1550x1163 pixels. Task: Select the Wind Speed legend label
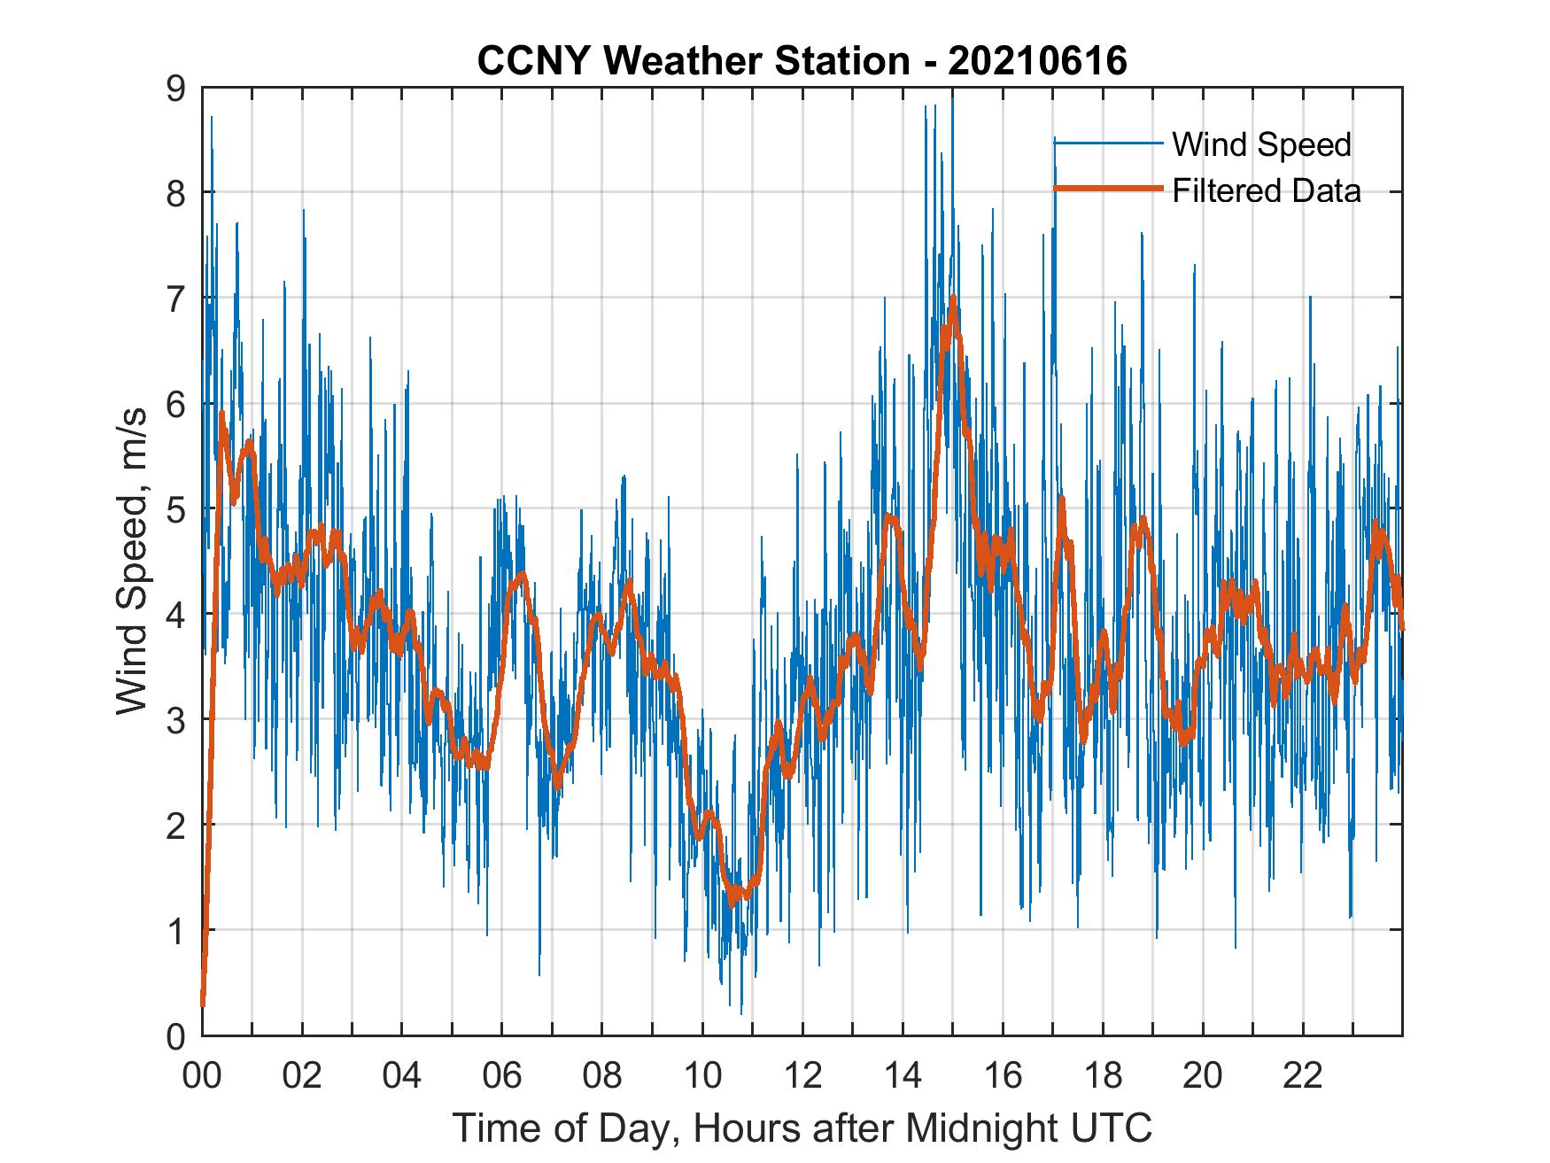tap(1261, 144)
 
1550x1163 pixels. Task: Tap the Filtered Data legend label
tap(1266, 190)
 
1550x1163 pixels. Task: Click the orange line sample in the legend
tap(1107, 190)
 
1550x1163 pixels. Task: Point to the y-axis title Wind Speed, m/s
tap(132, 562)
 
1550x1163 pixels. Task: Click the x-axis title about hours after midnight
tap(802, 1128)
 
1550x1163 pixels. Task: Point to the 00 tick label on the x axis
tap(203, 1076)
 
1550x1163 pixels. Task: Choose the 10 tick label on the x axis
tap(703, 1076)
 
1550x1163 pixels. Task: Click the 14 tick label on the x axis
tap(903, 1076)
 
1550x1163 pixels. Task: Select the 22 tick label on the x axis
tap(1304, 1076)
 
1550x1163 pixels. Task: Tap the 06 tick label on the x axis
tap(503, 1076)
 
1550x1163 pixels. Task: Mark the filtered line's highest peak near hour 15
tap(953, 299)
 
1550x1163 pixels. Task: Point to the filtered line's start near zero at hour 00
tap(203, 1003)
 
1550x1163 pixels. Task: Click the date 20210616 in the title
tap(1037, 61)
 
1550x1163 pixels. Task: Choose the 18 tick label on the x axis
tap(1104, 1076)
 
